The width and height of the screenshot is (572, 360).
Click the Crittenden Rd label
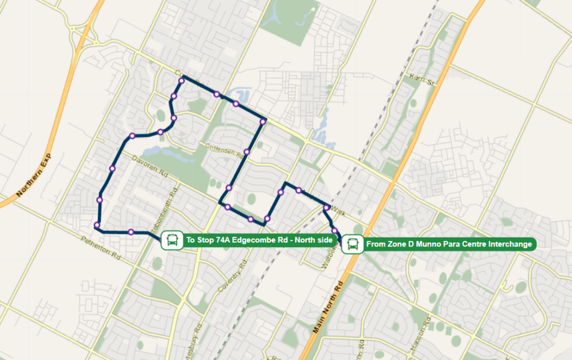point(222,149)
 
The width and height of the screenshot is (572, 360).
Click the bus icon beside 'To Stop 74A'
point(172,240)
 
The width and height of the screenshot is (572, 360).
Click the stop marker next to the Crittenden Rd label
point(246,151)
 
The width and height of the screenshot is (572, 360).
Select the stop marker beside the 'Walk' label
point(326,207)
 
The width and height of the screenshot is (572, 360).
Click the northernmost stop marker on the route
point(181,81)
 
